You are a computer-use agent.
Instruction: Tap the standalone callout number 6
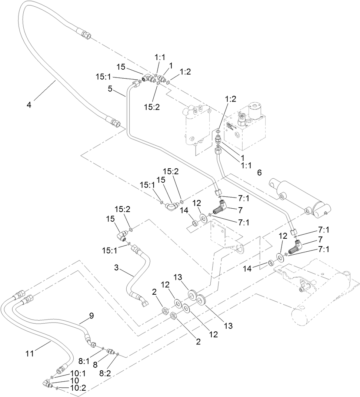pos(259,172)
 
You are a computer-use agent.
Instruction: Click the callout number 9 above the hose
pos(91,316)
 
